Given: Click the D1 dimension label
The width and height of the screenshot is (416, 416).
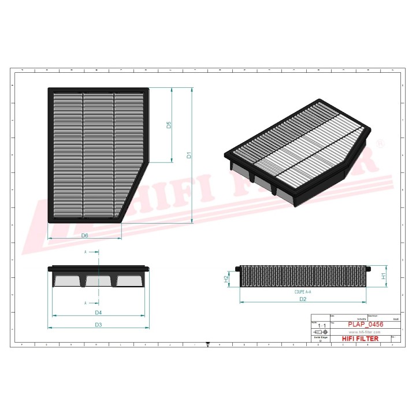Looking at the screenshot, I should (x=188, y=155).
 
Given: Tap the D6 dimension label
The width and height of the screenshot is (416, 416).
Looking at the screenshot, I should (x=84, y=236).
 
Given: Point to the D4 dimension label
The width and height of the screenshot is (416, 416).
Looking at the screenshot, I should (x=98, y=313).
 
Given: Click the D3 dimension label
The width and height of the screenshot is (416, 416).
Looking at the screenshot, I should (x=98, y=325).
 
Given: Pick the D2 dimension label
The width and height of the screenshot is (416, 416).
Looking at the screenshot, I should (x=302, y=299).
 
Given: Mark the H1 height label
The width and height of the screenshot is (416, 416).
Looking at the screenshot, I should (x=384, y=276).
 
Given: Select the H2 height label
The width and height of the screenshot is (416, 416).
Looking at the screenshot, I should (x=226, y=280).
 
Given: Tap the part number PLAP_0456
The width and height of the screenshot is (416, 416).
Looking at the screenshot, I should (x=365, y=325).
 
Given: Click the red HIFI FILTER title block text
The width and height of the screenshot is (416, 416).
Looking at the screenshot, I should (x=361, y=339).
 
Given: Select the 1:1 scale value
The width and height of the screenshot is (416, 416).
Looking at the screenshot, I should (x=321, y=326).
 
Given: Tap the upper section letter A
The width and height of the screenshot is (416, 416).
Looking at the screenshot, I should (x=86, y=252).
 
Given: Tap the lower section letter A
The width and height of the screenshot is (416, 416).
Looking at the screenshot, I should (x=86, y=303).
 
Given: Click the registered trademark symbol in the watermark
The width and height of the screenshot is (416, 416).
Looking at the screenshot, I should (x=379, y=143).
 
